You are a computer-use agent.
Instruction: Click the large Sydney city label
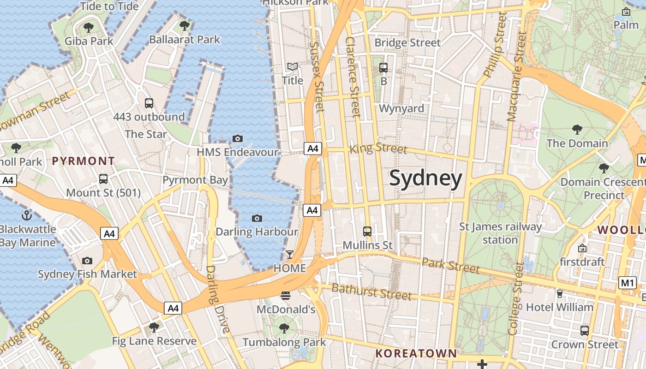pos(425,179)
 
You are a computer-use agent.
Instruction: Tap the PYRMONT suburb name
pos(84,161)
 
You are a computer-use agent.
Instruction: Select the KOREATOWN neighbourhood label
pos(416,353)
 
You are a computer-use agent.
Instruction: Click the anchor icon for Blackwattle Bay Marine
pos(27,215)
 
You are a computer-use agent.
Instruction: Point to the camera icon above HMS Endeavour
pos(238,138)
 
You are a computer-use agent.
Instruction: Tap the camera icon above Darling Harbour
pos(257,218)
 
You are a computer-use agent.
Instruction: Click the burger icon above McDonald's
pos(286,295)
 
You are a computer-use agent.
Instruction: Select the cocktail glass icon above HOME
pos(290,254)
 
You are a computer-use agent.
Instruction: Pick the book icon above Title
pos(293,67)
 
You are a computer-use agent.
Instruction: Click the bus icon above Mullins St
pos(367,231)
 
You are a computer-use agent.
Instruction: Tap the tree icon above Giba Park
pos(89,27)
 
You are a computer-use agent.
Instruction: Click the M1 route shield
pos(628,283)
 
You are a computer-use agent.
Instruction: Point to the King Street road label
pos(378,148)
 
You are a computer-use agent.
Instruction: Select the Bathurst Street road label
pos(371,292)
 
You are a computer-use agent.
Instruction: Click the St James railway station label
pos(501,233)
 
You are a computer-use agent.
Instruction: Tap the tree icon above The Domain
pos(577,130)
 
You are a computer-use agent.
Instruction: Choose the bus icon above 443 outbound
pos(149,103)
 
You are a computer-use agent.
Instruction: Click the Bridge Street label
pos(407,43)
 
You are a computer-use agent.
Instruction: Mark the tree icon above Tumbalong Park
pos(284,328)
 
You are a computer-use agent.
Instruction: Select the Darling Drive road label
pos(217,299)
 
